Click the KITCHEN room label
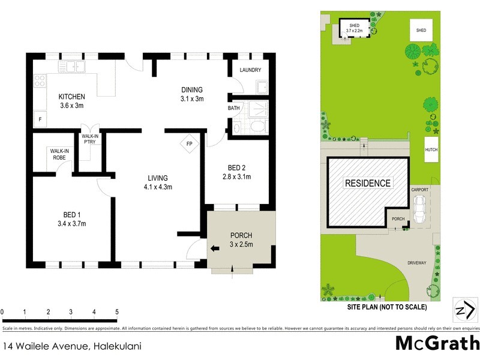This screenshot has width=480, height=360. (x=71, y=97)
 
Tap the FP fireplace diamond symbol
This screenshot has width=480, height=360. (x=189, y=145)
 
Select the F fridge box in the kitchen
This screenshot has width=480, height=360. (x=40, y=119)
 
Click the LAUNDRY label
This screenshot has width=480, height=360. (x=250, y=70)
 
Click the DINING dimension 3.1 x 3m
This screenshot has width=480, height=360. (x=193, y=99)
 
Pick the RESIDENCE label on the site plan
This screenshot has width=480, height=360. (x=367, y=184)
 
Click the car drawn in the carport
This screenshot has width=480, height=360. (x=420, y=208)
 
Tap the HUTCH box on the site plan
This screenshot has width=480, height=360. (x=431, y=150)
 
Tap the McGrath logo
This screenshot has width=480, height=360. (x=437, y=343)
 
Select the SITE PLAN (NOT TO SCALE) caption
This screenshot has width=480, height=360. (x=386, y=307)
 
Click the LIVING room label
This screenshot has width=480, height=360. (x=158, y=178)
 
